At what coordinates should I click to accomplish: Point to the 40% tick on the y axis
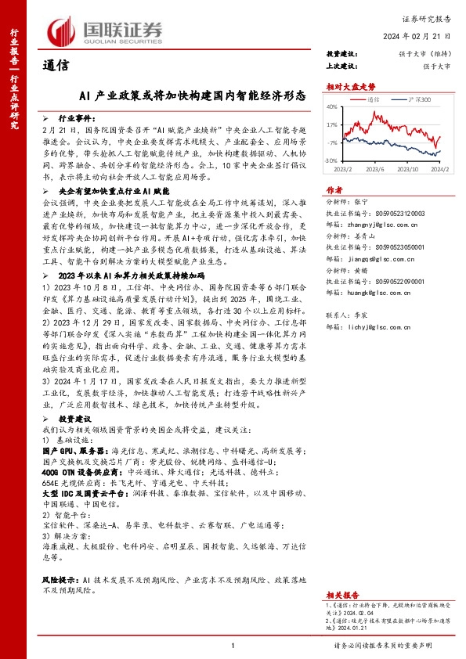[x=333, y=107]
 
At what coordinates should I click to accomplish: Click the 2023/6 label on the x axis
[x=377, y=167]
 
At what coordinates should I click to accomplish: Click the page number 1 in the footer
[x=233, y=644]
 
